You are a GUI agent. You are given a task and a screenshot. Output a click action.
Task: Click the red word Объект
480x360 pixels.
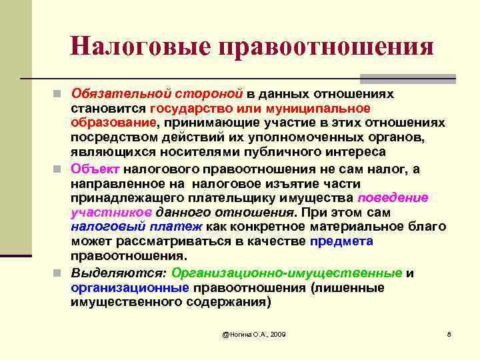95,169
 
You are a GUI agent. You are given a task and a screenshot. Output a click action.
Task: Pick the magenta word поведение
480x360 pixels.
393,198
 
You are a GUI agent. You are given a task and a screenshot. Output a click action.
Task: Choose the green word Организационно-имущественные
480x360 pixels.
287,273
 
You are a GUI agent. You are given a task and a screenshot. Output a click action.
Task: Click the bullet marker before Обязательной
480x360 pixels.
61,95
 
